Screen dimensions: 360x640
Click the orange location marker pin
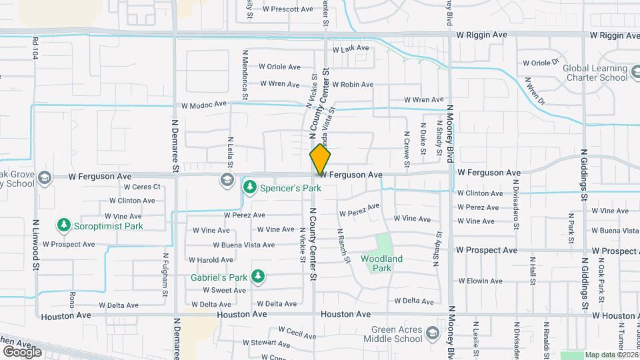tap(321, 159)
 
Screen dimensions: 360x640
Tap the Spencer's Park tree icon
tap(250, 187)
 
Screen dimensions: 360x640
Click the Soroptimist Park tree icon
tap(64, 225)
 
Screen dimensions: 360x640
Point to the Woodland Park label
tap(381, 263)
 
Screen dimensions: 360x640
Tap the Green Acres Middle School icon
tap(433, 333)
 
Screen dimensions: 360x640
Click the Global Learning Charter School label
tap(595, 72)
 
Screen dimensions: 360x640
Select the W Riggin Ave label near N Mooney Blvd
tap(482, 34)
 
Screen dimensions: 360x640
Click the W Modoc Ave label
tap(204, 105)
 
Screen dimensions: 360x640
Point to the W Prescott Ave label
tap(287, 9)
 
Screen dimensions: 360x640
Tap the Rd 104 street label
tap(35, 48)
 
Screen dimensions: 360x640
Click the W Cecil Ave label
tap(297, 331)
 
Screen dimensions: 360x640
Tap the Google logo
tap(22, 351)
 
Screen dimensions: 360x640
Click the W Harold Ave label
tap(211, 259)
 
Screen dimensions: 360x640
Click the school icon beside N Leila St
tap(227, 179)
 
